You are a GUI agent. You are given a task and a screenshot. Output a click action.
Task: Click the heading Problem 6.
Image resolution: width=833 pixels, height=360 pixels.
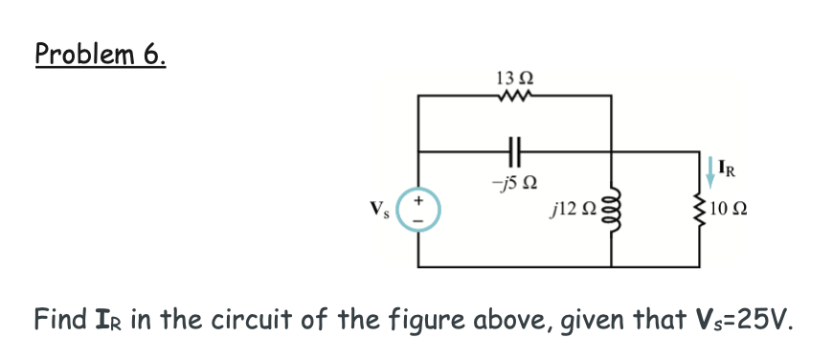(101, 55)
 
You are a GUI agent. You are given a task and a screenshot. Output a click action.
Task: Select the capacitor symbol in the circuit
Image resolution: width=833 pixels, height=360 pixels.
(515, 150)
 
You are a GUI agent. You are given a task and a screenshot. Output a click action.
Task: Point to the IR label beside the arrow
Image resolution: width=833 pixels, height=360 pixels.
(730, 174)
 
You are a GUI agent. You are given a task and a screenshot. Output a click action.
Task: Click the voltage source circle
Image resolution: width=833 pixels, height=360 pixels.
(421, 209)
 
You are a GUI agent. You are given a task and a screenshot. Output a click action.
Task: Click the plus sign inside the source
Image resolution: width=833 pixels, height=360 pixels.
(421, 199)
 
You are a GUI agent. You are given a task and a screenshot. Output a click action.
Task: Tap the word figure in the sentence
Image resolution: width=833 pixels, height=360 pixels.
(410, 320)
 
